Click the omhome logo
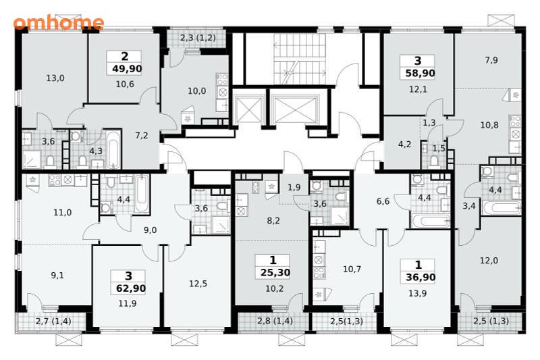pos(59,23)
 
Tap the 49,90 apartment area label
pos(127,69)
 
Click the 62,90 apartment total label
pos(130,288)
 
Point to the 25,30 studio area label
pos(275,273)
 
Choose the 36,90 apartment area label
pos(420,278)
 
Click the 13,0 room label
pos(55,78)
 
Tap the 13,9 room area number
pos(417,294)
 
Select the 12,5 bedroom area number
pos(198,284)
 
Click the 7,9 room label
pos(491,60)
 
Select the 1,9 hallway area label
pos(294,187)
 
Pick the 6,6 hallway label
pos(383,201)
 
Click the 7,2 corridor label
pos(142,136)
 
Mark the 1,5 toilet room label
pos(439,149)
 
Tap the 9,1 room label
pos(57,276)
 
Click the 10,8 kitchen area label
pos(489,125)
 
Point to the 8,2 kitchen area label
pos(273,221)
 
